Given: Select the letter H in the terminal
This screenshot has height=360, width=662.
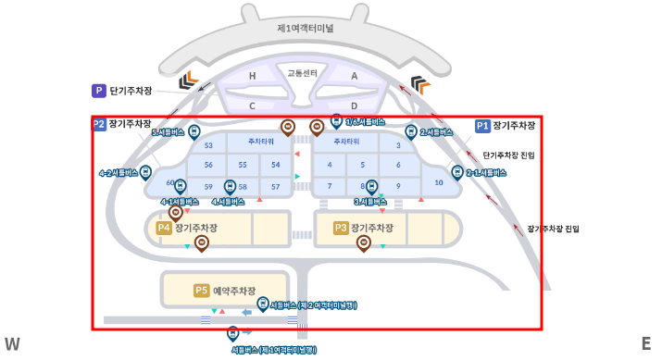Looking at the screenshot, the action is click(x=252, y=77).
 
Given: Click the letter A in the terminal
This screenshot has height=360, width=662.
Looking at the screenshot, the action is click(x=354, y=77).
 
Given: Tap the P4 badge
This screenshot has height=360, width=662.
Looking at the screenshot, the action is click(x=164, y=228).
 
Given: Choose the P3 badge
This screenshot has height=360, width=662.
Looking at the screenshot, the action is click(x=341, y=228).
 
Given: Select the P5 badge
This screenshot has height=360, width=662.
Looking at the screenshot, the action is click(x=202, y=291).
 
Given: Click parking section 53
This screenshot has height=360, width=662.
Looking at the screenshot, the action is click(x=208, y=145).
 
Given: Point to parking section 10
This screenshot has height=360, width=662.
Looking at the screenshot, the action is click(x=439, y=182).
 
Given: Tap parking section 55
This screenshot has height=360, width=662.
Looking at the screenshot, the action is click(x=243, y=165).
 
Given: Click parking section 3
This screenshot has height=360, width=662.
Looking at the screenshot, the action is click(x=398, y=145).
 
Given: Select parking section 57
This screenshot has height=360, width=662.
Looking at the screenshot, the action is click(x=275, y=186).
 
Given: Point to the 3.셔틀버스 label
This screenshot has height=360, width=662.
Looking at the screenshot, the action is click(x=369, y=201).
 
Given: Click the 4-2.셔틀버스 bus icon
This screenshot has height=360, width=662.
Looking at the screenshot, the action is click(x=146, y=172).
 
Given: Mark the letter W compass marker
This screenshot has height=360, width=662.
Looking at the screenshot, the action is click(x=12, y=344).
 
